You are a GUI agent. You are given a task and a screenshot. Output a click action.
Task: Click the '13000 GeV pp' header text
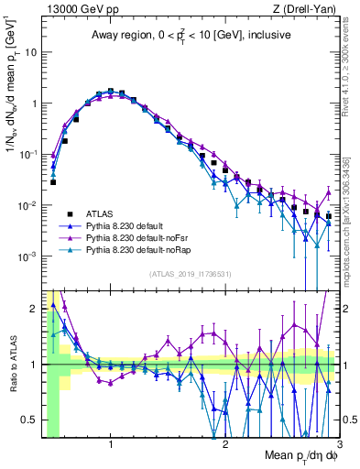pos(80,9)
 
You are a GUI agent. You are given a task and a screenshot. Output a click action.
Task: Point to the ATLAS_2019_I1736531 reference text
pos(191,274)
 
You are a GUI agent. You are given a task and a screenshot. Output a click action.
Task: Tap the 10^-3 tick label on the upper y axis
pos(29,256)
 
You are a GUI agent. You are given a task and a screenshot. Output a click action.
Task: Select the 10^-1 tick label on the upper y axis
pos(29,154)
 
